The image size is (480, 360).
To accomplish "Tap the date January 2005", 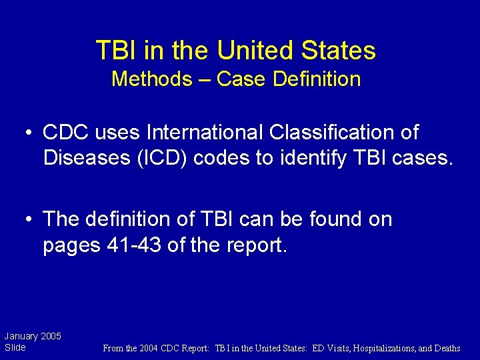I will tap(33, 336).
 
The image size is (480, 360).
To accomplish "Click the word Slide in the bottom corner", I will tap(15, 347).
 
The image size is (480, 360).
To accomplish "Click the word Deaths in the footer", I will tap(446, 348).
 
